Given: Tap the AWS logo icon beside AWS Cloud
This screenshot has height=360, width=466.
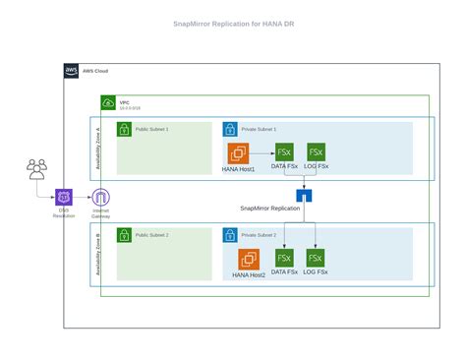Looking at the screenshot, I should (x=72, y=71).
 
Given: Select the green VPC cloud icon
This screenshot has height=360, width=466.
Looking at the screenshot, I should (x=108, y=103).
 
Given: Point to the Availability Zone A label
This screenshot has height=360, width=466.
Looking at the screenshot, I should (x=96, y=150).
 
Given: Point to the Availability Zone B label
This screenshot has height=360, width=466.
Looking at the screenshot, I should (x=96, y=253).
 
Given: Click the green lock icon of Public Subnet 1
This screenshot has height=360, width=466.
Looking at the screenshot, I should (x=124, y=129).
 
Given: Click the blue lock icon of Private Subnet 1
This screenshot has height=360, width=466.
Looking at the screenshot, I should (x=230, y=129).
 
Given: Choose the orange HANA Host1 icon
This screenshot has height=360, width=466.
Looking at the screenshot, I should (x=239, y=153).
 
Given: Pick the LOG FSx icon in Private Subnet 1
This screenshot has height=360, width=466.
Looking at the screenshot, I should (x=316, y=152).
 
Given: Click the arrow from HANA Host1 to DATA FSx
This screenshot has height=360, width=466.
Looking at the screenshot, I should (x=262, y=153).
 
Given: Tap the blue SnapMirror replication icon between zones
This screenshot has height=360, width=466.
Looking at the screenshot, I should (x=303, y=195).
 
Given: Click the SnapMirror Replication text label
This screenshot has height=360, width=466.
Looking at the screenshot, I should (x=270, y=209).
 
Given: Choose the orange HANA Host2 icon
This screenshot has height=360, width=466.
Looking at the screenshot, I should (x=250, y=259).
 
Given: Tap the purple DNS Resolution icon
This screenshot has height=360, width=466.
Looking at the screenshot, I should (x=64, y=197).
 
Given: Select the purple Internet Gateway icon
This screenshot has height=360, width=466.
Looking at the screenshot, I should (x=99, y=197).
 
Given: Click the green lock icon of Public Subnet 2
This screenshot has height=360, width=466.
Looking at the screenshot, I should (x=124, y=235).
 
